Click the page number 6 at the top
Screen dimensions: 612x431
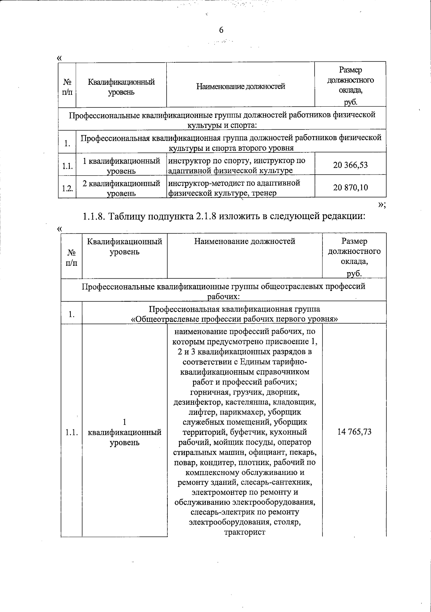tap(221, 30)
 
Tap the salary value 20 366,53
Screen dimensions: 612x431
tap(351, 165)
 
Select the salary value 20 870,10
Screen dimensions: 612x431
tap(351, 187)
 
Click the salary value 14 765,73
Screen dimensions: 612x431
tap(354, 432)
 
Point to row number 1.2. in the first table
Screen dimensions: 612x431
tap(67, 188)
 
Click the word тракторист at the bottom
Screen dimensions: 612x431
tap(245, 532)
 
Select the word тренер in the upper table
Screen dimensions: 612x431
tap(264, 193)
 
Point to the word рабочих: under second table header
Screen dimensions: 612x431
tap(223, 297)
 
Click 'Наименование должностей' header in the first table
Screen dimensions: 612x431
tap(240, 86)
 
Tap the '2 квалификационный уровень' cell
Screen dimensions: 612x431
tap(121, 188)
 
